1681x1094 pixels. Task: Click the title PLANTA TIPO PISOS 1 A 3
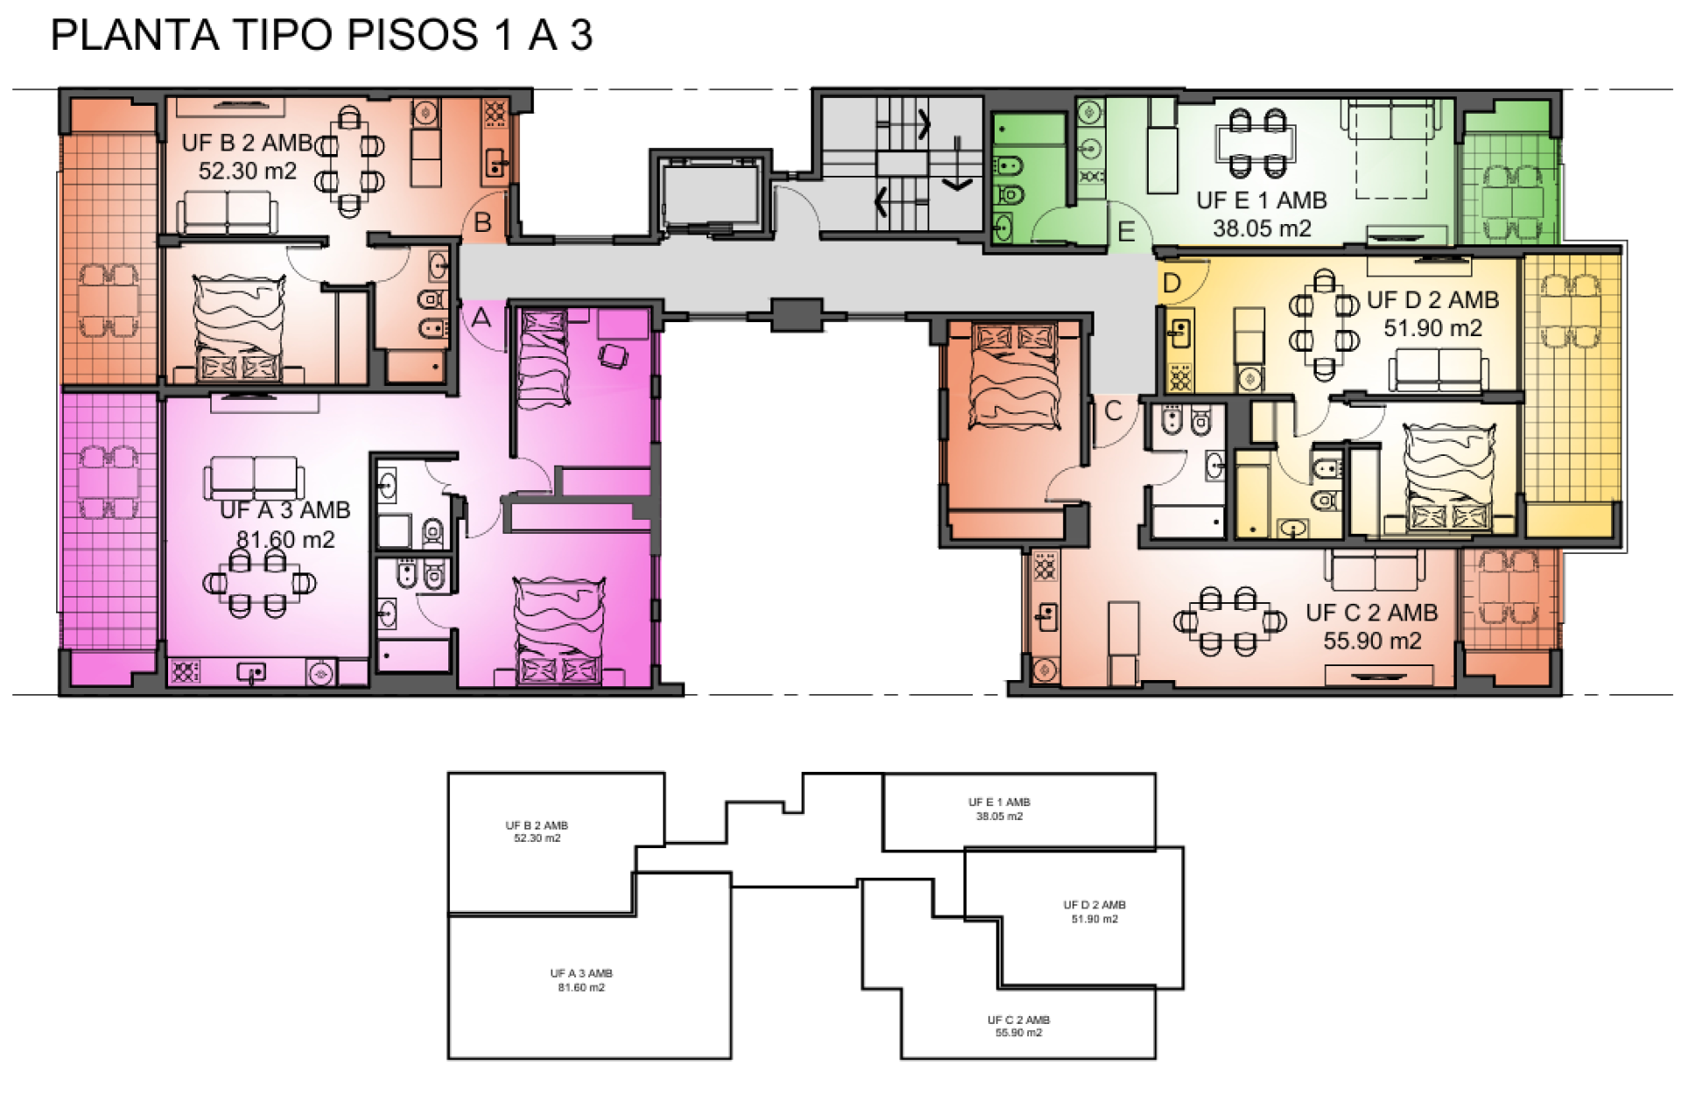point(321,35)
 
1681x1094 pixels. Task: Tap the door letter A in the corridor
point(482,319)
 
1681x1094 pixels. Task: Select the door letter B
point(482,223)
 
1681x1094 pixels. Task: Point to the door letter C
point(1113,410)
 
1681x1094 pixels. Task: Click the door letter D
point(1171,283)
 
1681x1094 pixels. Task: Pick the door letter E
point(1127,232)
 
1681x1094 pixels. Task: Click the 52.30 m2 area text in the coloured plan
point(248,171)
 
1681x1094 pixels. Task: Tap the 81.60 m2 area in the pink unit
point(285,539)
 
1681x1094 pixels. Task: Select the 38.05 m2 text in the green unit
point(1262,228)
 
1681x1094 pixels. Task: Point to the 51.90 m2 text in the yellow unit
point(1432,328)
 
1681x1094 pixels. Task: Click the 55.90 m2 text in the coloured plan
point(1372,641)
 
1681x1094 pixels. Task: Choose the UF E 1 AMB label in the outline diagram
point(999,802)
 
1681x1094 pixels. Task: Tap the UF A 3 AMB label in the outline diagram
point(581,973)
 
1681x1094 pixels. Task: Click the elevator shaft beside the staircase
point(710,194)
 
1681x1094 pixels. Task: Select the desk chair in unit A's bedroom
point(613,355)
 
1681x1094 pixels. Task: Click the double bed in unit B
point(238,327)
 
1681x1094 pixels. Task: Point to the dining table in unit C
point(1227,621)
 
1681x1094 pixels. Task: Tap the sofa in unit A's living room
point(254,478)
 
